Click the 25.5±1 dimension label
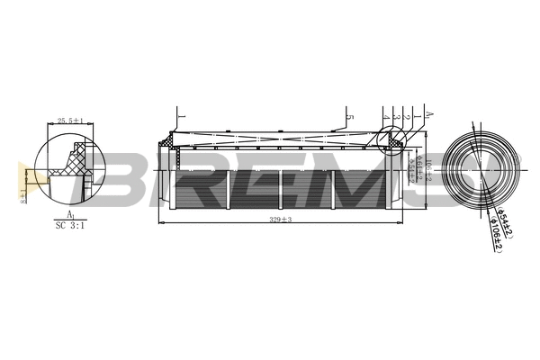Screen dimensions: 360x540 (x=70, y=120)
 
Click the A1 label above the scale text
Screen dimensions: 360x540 (x=70, y=214)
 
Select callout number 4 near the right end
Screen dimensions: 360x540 (x=384, y=118)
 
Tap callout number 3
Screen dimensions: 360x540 (x=396, y=118)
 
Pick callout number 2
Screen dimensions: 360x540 (x=407, y=118)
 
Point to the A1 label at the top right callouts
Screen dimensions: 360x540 (x=428, y=116)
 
